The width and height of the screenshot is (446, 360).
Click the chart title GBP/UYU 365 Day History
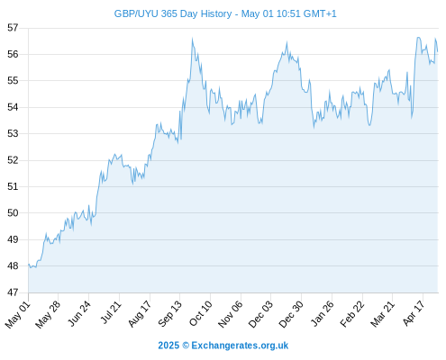point(173,13)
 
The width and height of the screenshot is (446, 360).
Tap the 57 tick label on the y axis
point(13,28)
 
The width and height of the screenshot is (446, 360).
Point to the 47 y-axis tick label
point(13,292)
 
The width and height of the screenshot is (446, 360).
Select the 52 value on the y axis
point(13,160)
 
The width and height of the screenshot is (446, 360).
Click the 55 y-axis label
point(13,81)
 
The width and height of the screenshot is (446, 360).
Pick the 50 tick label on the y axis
point(13,213)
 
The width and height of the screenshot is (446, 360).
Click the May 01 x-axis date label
point(18,314)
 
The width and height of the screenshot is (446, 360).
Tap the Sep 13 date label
point(170,313)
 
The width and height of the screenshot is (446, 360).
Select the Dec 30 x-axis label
point(291,314)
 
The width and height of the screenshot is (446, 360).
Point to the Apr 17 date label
point(414,313)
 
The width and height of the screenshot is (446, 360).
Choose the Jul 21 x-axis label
point(111,312)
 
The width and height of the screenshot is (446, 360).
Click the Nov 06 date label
point(231,314)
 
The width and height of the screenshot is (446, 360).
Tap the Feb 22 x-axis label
point(352,314)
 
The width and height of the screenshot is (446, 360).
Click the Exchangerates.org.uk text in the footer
point(240,346)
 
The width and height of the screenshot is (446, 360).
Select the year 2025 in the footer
point(168,346)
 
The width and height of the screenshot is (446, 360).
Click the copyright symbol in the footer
point(186,346)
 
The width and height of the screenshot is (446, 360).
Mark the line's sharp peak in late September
point(192,39)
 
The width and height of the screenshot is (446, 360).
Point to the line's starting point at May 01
point(29,265)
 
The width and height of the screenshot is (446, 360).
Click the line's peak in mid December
point(287,42)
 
